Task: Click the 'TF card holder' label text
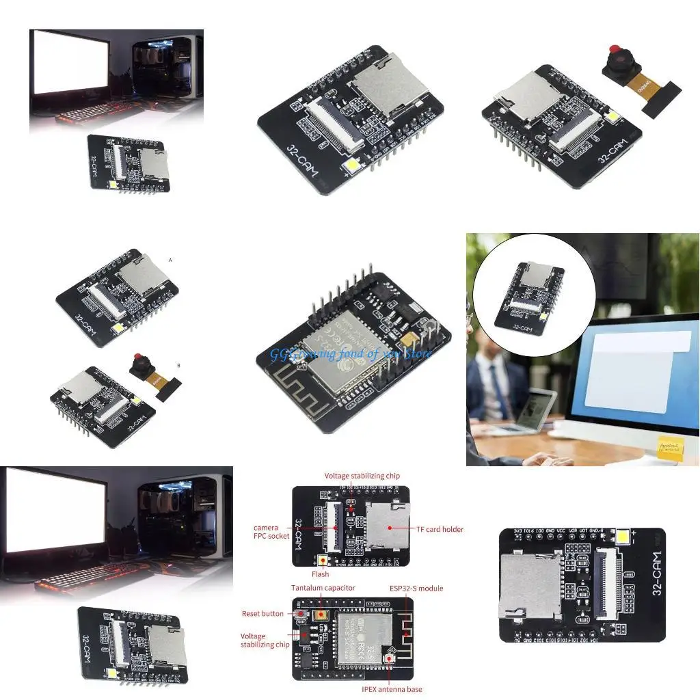pyautogui.click(x=440, y=529)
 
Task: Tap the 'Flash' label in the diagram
pyautogui.click(x=320, y=574)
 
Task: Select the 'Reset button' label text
pyautogui.click(x=262, y=613)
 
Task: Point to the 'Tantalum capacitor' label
pyautogui.click(x=323, y=588)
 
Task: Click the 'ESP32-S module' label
pyautogui.click(x=416, y=588)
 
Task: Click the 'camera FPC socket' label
pyautogui.click(x=270, y=532)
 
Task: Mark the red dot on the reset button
pyautogui.click(x=299, y=614)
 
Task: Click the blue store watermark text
pyautogui.click(x=351, y=353)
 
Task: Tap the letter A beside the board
pyautogui.click(x=170, y=260)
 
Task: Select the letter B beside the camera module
pyautogui.click(x=178, y=365)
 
